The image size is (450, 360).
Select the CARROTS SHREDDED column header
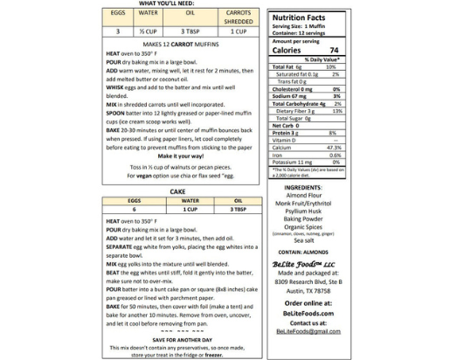[x=228, y=17]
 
